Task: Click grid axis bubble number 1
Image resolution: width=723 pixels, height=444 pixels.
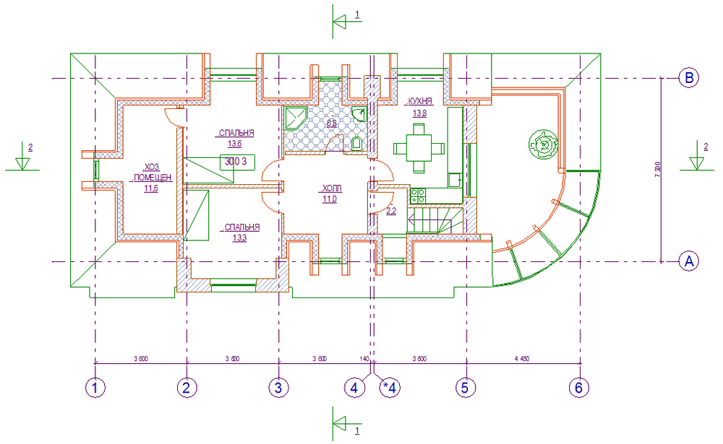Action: tap(95, 388)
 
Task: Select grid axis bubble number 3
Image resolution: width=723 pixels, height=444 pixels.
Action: tap(278, 388)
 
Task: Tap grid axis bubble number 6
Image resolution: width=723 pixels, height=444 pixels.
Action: tap(578, 388)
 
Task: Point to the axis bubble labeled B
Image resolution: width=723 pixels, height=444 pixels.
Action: tap(690, 78)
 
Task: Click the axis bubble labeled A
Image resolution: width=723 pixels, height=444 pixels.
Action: tap(690, 261)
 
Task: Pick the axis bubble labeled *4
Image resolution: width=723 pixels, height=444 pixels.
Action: tap(390, 388)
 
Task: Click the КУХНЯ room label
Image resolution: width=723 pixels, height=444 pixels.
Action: tap(420, 102)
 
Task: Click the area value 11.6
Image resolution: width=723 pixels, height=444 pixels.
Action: tap(151, 189)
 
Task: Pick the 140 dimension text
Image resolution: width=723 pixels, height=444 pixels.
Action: tap(364, 358)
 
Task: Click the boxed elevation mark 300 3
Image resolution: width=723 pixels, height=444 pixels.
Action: tap(236, 161)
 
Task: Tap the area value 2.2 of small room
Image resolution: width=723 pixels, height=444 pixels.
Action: tap(391, 212)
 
